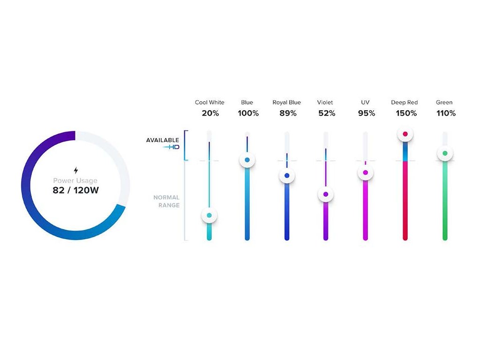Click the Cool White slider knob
(209, 215)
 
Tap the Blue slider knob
(247, 160)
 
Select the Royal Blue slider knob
(287, 176)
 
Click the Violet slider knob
(326, 194)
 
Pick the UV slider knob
(365, 172)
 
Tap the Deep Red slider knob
(405, 134)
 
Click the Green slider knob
(445, 153)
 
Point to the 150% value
(406, 113)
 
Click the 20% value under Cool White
(210, 113)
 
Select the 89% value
(288, 113)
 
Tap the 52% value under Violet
(327, 113)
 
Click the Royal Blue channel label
(286, 103)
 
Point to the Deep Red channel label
(405, 103)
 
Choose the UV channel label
(365, 102)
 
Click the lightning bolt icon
(76, 170)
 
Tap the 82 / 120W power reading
(75, 190)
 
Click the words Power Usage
(75, 180)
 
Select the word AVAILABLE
(163, 140)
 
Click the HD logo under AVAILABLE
(171, 147)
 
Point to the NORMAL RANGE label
(166, 201)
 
